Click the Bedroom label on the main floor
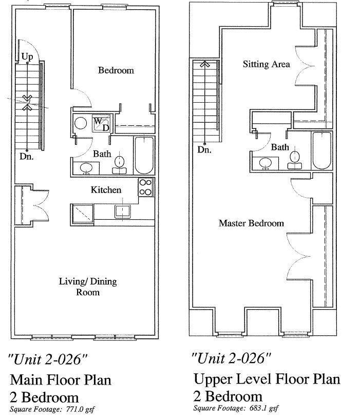(116, 70)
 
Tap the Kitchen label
(106, 190)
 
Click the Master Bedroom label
(251, 223)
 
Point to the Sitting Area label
(266, 64)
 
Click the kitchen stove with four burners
(146, 187)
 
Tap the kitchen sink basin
(123, 211)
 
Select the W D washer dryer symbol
(101, 124)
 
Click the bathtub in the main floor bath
(144, 156)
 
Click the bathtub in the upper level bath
(323, 151)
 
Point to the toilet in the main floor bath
(120, 163)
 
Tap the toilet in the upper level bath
(295, 158)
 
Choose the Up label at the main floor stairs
(27, 55)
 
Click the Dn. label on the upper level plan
(205, 150)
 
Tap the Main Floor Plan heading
(61, 380)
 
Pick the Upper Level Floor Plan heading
(267, 379)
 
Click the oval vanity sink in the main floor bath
(85, 167)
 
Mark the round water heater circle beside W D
(80, 123)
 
